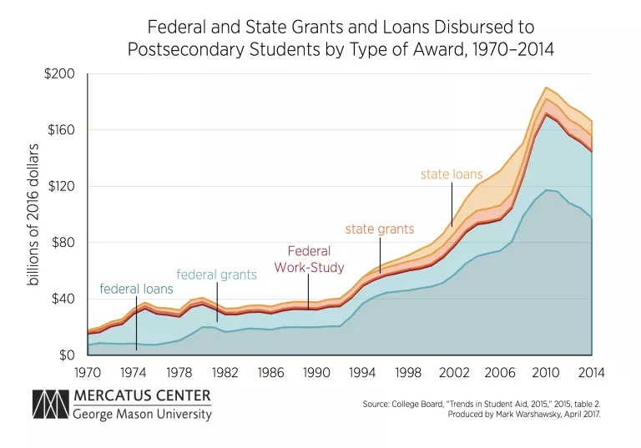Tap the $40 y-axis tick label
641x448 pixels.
click(62, 299)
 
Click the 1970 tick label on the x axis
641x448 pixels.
click(88, 371)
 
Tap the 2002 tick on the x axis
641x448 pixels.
click(452, 371)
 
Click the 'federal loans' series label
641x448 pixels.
click(136, 289)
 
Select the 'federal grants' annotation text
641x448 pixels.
click(217, 274)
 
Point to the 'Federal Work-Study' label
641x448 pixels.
click(309, 259)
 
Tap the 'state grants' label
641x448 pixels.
click(380, 229)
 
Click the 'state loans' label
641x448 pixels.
click(452, 175)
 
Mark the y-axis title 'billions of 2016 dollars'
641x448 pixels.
click(34, 214)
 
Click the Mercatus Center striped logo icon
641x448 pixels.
click(50, 404)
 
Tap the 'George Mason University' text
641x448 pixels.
click(141, 414)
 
